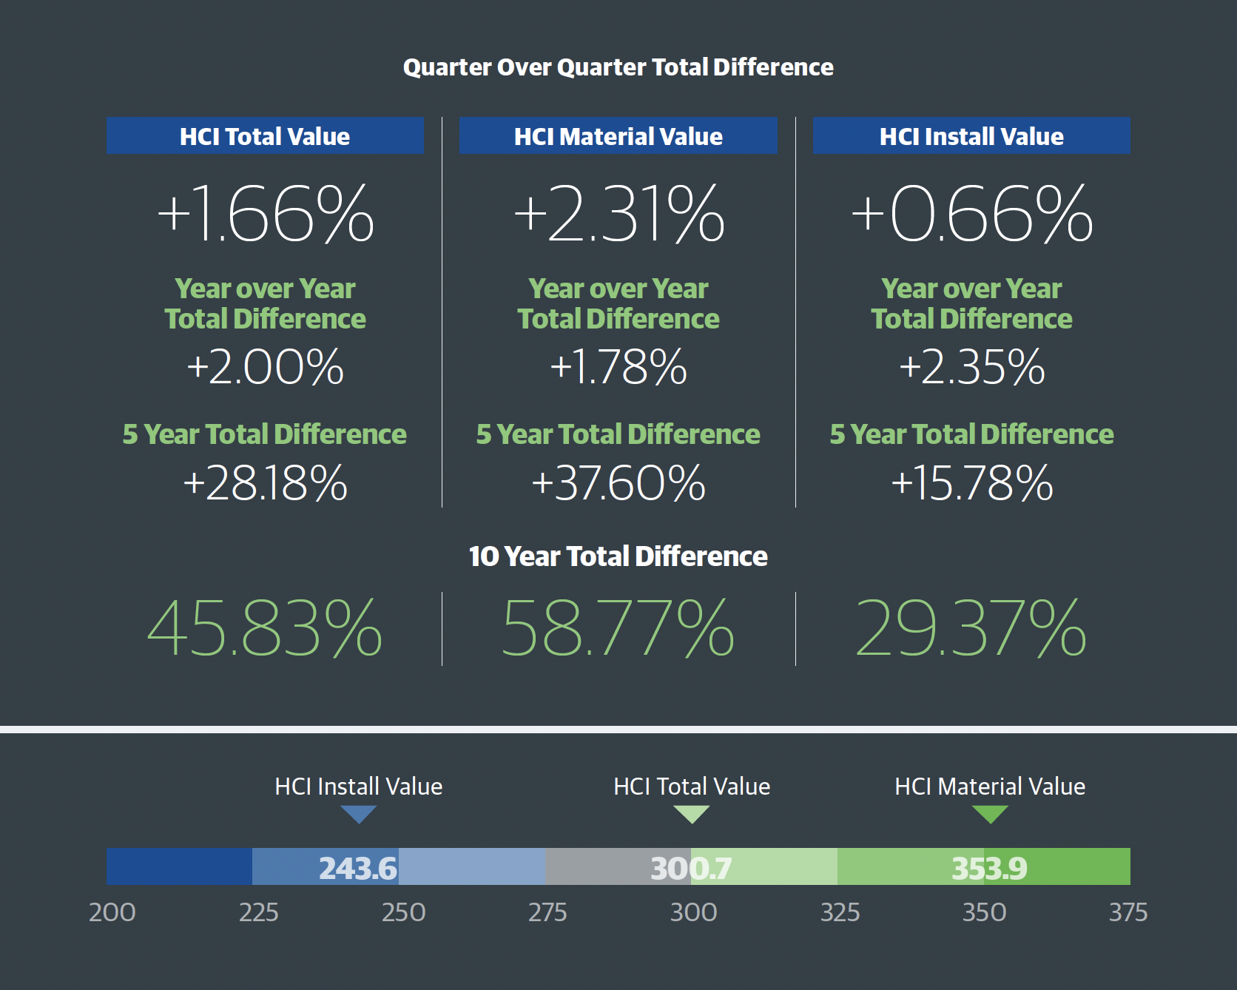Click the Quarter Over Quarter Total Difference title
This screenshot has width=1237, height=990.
pyautogui.click(x=618, y=67)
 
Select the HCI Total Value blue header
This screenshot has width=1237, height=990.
pyautogui.click(x=265, y=136)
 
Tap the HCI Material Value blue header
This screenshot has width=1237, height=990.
pyautogui.click(x=618, y=136)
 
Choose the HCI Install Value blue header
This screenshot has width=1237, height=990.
pyautogui.click(x=971, y=136)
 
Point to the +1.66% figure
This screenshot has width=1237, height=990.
pyautogui.click(x=266, y=214)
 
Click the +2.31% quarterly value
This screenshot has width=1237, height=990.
pyautogui.click(x=618, y=214)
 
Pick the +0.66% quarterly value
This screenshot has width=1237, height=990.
pyautogui.click(x=971, y=214)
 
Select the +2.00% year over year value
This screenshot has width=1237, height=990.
pyautogui.click(x=265, y=367)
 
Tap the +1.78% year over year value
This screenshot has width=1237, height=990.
pyautogui.click(x=618, y=367)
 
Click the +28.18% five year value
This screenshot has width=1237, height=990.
pyautogui.click(x=265, y=483)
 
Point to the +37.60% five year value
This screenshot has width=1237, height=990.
pyautogui.click(x=618, y=483)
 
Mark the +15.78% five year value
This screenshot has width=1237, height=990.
pyautogui.click(x=971, y=483)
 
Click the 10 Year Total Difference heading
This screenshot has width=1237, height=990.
pyautogui.click(x=618, y=556)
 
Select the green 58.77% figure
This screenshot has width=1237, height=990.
pyautogui.click(x=618, y=629)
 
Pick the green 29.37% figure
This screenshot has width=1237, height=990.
pyautogui.click(x=971, y=629)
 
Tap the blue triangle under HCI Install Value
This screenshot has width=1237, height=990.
pyautogui.click(x=359, y=814)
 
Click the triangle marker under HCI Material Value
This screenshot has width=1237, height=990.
pyautogui.click(x=990, y=814)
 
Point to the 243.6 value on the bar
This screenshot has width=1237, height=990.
pyautogui.click(x=358, y=868)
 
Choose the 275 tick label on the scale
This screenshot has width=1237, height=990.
pyautogui.click(x=547, y=912)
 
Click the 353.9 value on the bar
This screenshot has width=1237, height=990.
pyautogui.click(x=989, y=868)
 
